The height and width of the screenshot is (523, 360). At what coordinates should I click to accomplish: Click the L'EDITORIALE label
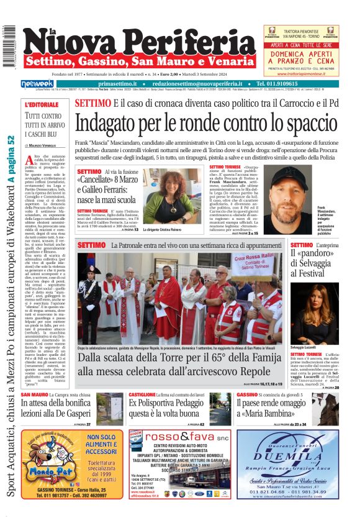pos(40,104)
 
